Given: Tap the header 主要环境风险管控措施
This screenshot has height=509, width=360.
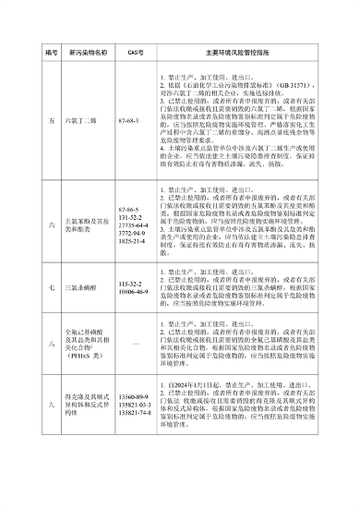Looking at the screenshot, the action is (x=236, y=52).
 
